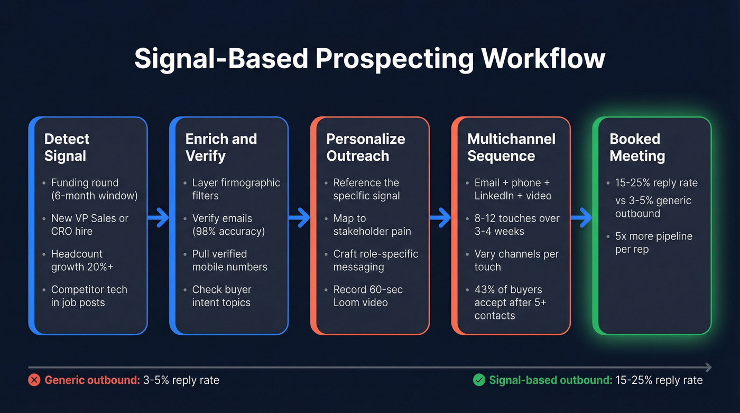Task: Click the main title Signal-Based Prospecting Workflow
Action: click(369, 59)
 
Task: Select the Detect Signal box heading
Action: click(67, 148)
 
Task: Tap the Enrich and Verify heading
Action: click(221, 148)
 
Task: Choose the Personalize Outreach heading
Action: click(365, 148)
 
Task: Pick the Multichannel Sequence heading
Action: click(511, 148)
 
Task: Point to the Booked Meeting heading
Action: click(637, 148)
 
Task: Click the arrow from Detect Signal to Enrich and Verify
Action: click(158, 216)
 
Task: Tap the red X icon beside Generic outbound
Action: click(34, 380)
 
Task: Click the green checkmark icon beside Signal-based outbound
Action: click(479, 380)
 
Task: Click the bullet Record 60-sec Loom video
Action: click(367, 296)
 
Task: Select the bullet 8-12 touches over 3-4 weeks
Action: click(516, 225)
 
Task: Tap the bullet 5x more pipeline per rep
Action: click(653, 243)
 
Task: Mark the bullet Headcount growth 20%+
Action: click(82, 261)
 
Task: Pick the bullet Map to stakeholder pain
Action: click(372, 225)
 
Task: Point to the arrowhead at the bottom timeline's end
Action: click(708, 368)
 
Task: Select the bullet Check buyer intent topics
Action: click(221, 296)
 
